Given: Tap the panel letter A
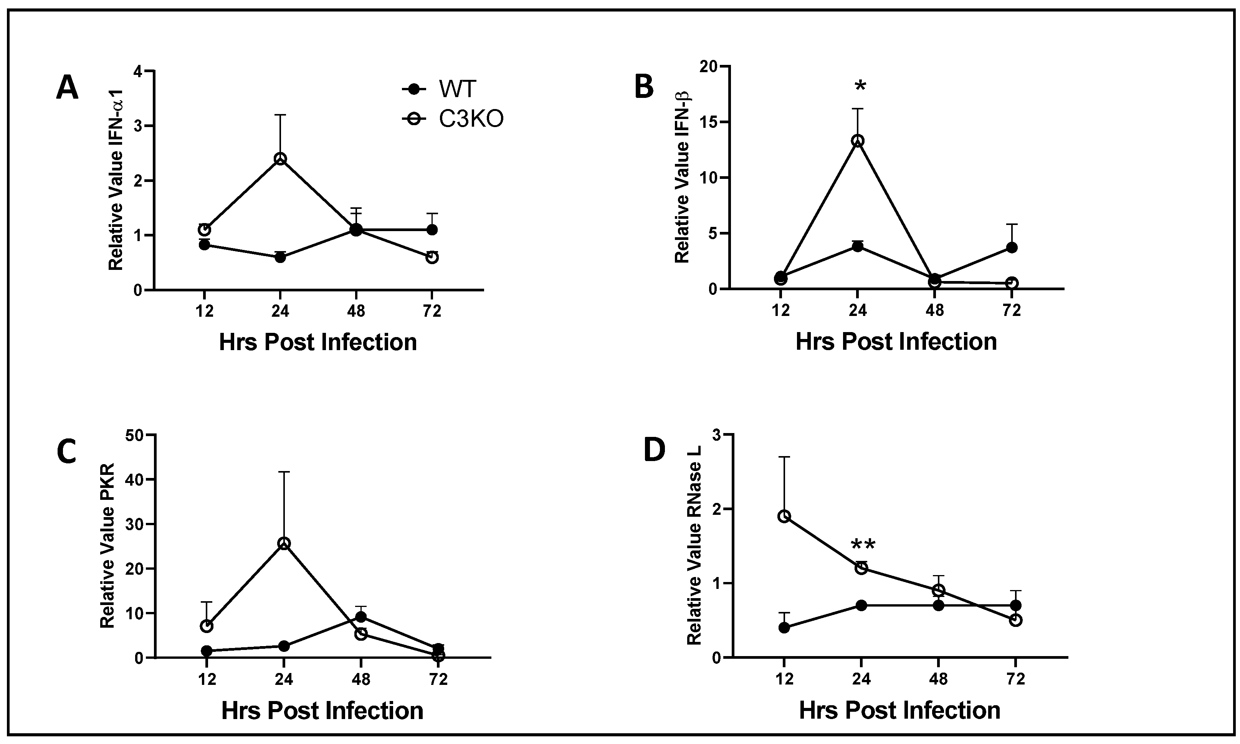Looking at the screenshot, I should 67,88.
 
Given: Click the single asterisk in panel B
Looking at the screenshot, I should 860,86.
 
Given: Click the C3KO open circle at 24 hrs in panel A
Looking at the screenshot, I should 280,159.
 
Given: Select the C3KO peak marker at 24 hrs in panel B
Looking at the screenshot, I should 858,141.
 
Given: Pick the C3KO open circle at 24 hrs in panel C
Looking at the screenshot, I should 284,544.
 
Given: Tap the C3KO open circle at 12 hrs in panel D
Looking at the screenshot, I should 784,516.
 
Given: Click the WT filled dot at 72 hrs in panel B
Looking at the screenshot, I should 1012,248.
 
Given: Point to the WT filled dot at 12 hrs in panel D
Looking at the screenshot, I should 784,628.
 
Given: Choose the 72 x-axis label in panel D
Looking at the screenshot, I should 1015,680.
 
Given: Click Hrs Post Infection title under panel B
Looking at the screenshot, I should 896,342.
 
